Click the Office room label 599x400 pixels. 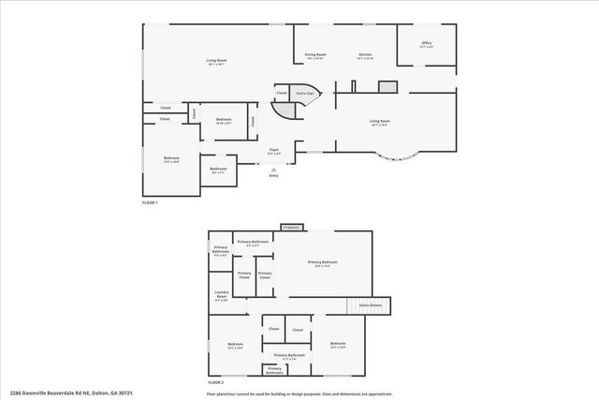pyautogui.click(x=426, y=44)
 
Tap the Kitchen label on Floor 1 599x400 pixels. pyautogui.click(x=365, y=56)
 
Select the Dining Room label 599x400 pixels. pyautogui.click(x=314, y=56)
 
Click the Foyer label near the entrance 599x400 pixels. pyautogui.click(x=274, y=151)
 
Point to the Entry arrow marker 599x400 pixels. pyautogui.click(x=273, y=170)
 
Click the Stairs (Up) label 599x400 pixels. pyautogui.click(x=304, y=94)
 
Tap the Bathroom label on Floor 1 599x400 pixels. pyautogui.click(x=218, y=171)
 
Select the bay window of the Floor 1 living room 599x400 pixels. pyautogui.click(x=397, y=158)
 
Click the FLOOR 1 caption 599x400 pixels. pyautogui.click(x=150, y=203)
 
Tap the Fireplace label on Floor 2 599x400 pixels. pyautogui.click(x=290, y=227)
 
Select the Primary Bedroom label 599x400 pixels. pyautogui.click(x=322, y=263)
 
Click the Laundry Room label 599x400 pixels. pyautogui.click(x=221, y=296)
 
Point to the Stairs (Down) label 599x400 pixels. pyautogui.click(x=370, y=305)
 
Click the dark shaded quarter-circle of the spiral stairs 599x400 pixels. pyautogui.click(x=283, y=108)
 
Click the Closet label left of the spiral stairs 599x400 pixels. pyautogui.click(x=281, y=94)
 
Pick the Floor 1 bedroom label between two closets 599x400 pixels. pyautogui.click(x=224, y=120)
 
